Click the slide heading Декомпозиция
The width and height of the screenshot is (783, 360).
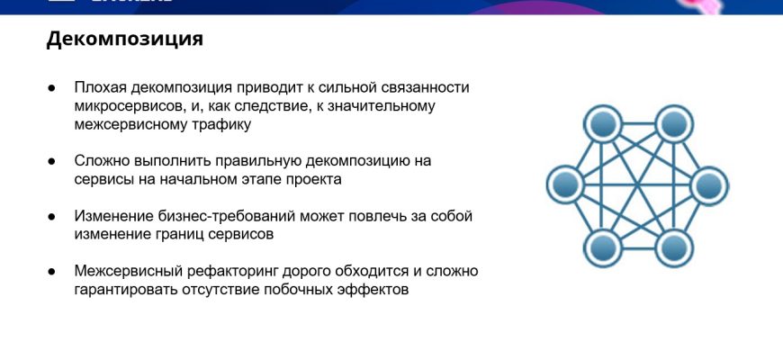(125, 39)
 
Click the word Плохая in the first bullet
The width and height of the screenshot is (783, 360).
(101, 88)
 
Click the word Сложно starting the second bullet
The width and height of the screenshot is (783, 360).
(102, 161)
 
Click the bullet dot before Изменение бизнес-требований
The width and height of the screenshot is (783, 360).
(51, 217)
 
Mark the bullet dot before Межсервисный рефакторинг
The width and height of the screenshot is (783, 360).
(51, 272)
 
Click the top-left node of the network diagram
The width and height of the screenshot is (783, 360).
(603, 123)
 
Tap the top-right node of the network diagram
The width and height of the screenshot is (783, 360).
(674, 123)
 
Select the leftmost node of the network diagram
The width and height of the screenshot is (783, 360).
(566, 185)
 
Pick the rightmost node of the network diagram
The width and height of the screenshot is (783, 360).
(709, 185)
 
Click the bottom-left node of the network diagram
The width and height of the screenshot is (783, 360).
(603, 248)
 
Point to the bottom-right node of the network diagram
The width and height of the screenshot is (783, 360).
(674, 248)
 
